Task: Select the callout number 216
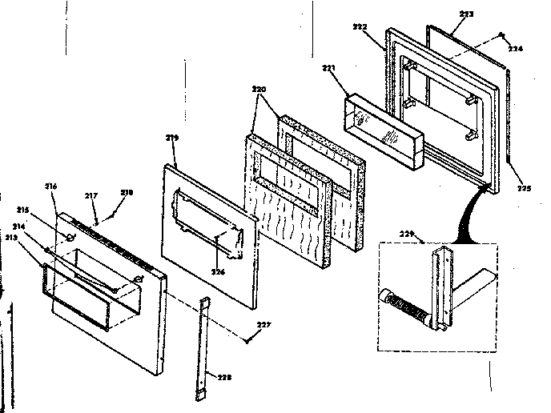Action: point(50,186)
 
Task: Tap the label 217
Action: point(91,195)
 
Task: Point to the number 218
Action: point(126,193)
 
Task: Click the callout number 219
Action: point(171,138)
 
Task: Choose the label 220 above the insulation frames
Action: point(259,90)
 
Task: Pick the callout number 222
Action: point(360,27)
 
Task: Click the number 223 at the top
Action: point(467,14)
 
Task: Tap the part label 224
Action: point(515,48)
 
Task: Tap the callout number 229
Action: point(408,233)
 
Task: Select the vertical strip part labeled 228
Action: point(201,348)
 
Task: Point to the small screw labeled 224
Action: point(501,34)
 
